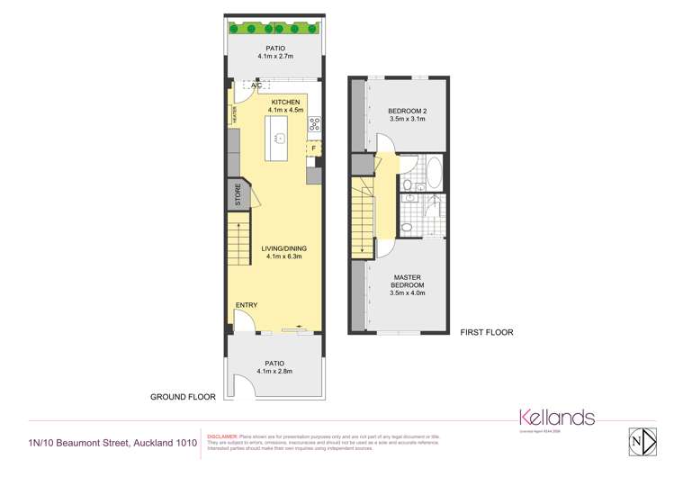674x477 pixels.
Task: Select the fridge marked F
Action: (x=314, y=148)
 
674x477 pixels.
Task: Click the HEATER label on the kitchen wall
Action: (x=233, y=115)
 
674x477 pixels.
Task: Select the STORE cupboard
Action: (x=238, y=195)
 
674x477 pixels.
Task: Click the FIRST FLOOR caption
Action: (x=486, y=332)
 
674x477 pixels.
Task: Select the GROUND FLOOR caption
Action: (x=183, y=396)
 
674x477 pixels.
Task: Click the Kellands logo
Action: (x=557, y=418)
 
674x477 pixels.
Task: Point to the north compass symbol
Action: (x=637, y=441)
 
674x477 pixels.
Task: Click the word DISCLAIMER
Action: (x=223, y=436)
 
